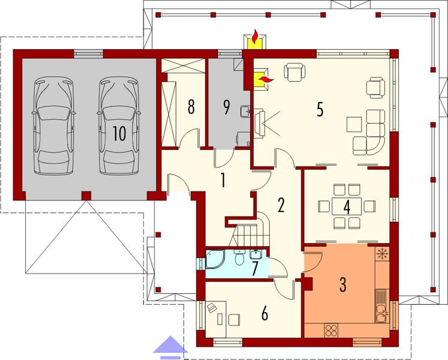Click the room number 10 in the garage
[119, 133]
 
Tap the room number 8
[191, 107]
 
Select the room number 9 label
[226, 107]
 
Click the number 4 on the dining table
[346, 206]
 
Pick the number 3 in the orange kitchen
[342, 284]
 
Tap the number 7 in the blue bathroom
[255, 268]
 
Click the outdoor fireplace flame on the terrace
[254, 38]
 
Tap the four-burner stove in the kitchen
[332, 329]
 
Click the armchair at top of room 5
[294, 72]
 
